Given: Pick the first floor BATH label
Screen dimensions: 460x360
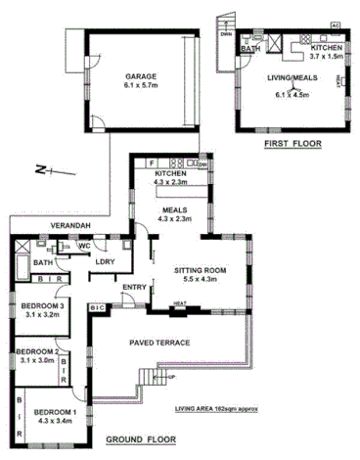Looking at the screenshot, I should click(x=250, y=48).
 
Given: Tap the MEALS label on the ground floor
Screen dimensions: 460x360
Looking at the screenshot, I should click(x=176, y=209).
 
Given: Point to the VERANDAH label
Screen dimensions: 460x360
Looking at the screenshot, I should click(x=71, y=227).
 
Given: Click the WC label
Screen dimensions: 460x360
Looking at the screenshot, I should click(x=85, y=246).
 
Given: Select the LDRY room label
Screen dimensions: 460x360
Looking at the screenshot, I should click(x=105, y=261).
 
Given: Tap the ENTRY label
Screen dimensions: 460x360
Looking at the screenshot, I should click(x=134, y=287).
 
